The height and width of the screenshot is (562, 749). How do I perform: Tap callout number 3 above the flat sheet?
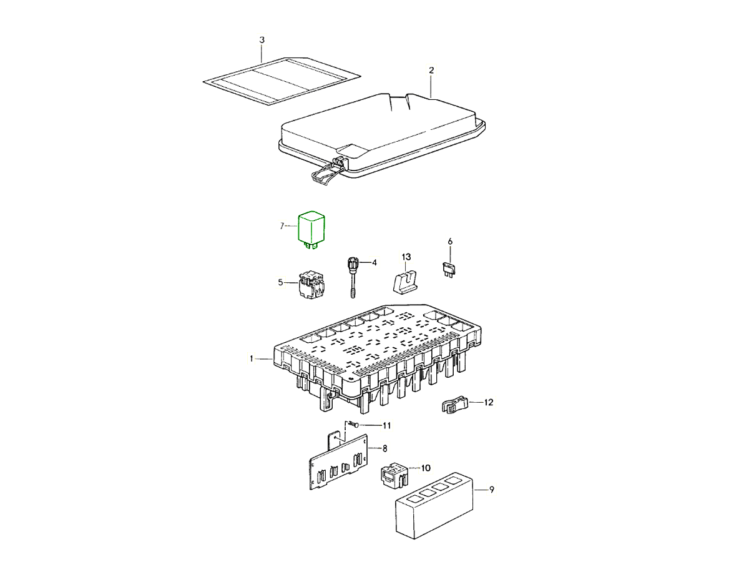(262, 40)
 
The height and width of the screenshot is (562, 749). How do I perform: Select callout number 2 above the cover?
(431, 71)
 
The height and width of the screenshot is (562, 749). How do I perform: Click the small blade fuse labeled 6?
(447, 269)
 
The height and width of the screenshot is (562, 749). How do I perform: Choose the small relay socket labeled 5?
(72, 284)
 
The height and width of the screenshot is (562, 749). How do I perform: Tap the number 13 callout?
(406, 257)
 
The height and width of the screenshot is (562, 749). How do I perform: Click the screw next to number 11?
(353, 425)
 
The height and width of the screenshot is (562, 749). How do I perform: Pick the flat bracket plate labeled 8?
(338, 461)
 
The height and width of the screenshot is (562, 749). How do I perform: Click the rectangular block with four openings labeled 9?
(434, 506)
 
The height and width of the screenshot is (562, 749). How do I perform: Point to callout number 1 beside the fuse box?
(252, 358)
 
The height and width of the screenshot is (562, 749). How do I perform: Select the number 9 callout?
(491, 490)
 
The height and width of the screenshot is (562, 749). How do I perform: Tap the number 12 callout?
(489, 402)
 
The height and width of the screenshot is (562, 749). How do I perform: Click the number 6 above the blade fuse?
(450, 242)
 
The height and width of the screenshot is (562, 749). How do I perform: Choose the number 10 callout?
(426, 468)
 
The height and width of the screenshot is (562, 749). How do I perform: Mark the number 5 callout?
(280, 282)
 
